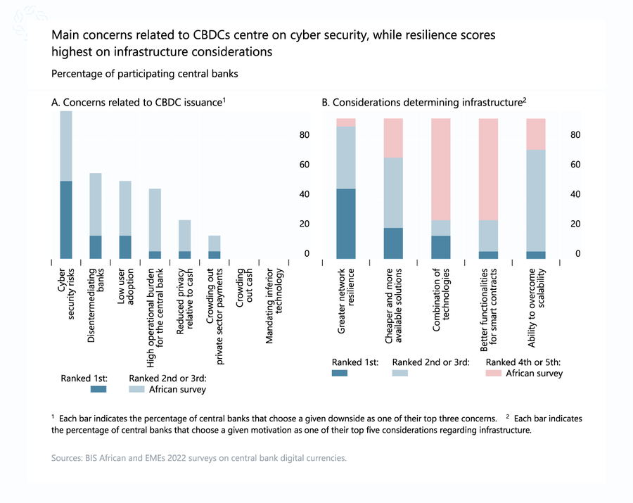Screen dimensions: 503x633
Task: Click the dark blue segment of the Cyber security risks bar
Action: (66, 219)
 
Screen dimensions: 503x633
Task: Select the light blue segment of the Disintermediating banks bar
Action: (96, 204)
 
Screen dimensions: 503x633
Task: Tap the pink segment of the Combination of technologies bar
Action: (441, 169)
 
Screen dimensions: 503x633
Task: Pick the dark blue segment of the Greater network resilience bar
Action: (345, 223)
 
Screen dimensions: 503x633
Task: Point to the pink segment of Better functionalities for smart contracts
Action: (488, 169)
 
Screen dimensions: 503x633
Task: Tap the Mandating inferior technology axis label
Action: (274, 306)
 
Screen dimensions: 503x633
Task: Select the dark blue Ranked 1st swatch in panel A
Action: (98, 388)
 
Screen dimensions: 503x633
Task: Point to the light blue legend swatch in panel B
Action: (400, 373)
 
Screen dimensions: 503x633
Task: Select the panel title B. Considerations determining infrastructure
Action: (424, 103)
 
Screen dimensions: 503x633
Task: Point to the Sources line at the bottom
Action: (199, 458)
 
